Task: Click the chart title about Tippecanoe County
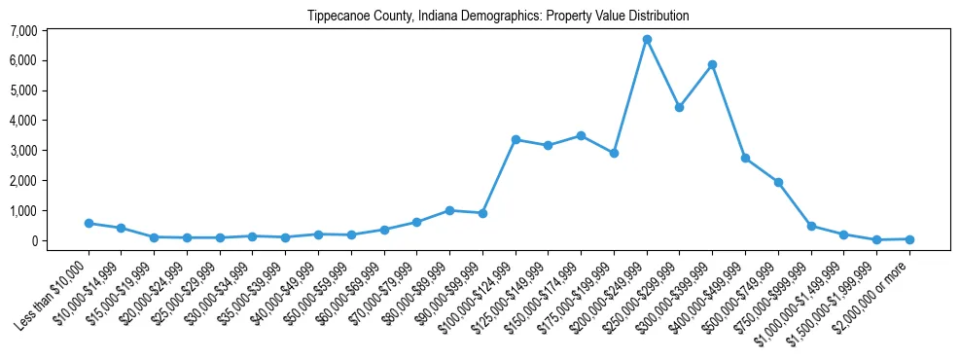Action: (498, 17)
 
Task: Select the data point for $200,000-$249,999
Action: (647, 40)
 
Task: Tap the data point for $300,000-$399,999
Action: (713, 65)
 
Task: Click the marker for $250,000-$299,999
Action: (680, 107)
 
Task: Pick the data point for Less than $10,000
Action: (89, 223)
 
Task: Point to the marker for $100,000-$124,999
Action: (516, 140)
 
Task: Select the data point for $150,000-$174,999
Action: (581, 136)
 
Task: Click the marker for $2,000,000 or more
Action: (909, 238)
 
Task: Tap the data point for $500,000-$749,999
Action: (778, 182)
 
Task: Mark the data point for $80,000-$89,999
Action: (449, 210)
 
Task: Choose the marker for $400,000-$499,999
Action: (745, 158)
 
